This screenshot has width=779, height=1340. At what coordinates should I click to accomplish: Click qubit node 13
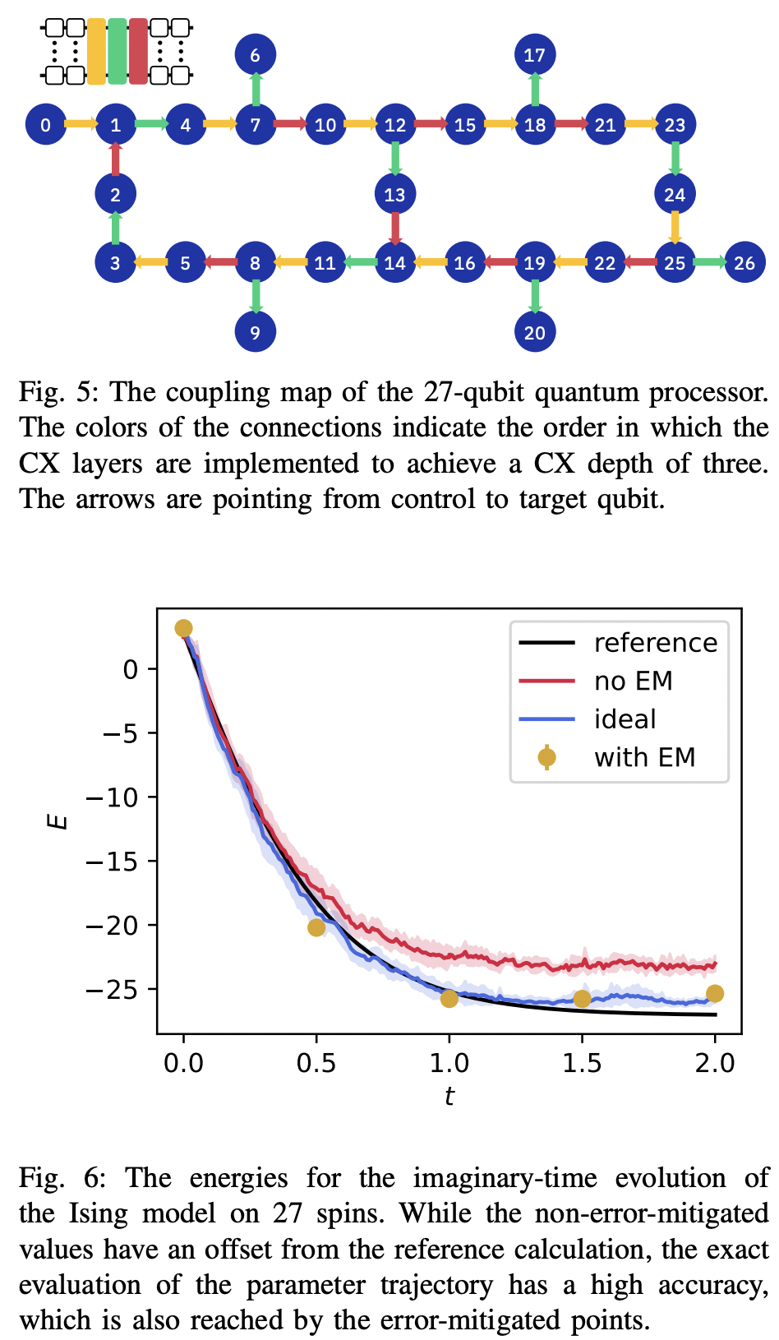pos(395,195)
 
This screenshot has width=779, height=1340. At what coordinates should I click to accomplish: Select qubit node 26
pos(744,263)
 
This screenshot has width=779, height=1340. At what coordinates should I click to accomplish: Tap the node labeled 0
pos(45,125)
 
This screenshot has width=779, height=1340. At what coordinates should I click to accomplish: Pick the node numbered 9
pos(256,333)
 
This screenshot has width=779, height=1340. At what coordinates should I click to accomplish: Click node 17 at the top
pos(535,55)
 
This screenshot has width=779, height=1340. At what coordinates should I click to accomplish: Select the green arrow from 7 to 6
pos(256,90)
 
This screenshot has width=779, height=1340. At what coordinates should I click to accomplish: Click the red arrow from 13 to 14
pos(395,229)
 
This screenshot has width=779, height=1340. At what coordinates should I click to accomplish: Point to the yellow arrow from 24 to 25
pos(675,229)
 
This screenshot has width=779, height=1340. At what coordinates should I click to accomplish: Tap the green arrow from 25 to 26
pos(709,263)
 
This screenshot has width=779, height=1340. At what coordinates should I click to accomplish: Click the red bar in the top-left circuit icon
pos(138,52)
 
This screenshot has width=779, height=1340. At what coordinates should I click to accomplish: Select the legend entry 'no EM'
pos(633,681)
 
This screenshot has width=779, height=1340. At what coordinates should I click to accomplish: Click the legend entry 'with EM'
pos(644,757)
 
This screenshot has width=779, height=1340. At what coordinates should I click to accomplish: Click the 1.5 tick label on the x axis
pos(582,1063)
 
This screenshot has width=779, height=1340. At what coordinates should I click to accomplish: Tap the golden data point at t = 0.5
pos(316,927)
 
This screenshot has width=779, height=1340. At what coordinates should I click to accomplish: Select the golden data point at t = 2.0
pos(715,994)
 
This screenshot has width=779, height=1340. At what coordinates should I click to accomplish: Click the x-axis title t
pos(449,1097)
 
